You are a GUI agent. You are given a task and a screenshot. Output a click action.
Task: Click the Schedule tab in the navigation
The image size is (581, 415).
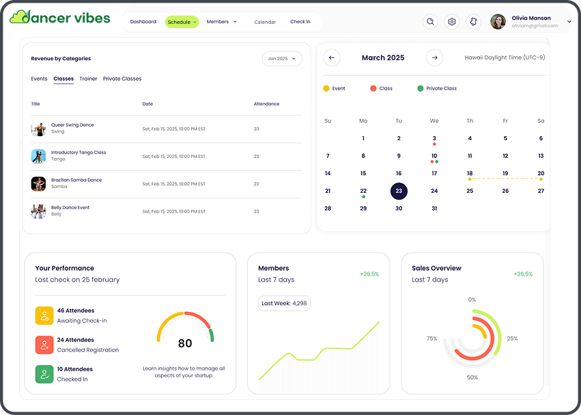[182, 22]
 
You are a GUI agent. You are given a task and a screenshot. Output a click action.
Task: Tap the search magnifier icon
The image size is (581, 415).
[430, 22]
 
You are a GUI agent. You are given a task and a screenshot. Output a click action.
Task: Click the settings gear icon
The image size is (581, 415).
[451, 22]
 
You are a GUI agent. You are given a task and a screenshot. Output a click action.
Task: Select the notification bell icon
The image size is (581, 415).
[473, 22]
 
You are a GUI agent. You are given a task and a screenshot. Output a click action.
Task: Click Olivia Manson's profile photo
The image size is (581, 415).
[498, 22]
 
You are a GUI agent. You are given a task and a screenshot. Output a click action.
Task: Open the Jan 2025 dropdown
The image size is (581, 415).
[282, 59]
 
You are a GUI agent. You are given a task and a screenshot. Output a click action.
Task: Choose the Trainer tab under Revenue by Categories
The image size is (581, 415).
[88, 79]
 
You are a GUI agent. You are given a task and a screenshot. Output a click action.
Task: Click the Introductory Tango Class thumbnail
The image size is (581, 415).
[38, 157]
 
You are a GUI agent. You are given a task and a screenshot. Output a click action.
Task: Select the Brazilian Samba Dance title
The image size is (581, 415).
[76, 180]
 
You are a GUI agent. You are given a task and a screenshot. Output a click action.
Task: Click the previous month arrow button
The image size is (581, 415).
[332, 58]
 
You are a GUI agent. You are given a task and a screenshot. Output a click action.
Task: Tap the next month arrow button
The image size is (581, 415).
[434, 58]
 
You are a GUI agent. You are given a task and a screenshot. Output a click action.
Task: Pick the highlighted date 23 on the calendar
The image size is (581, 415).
[399, 191]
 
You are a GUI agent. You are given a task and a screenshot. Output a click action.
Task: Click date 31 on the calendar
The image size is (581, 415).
[434, 209]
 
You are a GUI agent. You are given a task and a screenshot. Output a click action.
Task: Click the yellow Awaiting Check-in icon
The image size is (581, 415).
[44, 315]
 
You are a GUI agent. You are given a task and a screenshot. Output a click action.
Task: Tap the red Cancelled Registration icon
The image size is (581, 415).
[44, 345]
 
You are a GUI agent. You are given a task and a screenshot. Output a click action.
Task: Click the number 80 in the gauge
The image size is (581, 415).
[185, 343]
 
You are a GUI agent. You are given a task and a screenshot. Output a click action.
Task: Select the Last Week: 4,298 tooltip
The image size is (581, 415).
[284, 303]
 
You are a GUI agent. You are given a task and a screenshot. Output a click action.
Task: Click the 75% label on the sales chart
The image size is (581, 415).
[431, 338]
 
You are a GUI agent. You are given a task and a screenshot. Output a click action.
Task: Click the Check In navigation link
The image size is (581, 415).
[300, 22]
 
